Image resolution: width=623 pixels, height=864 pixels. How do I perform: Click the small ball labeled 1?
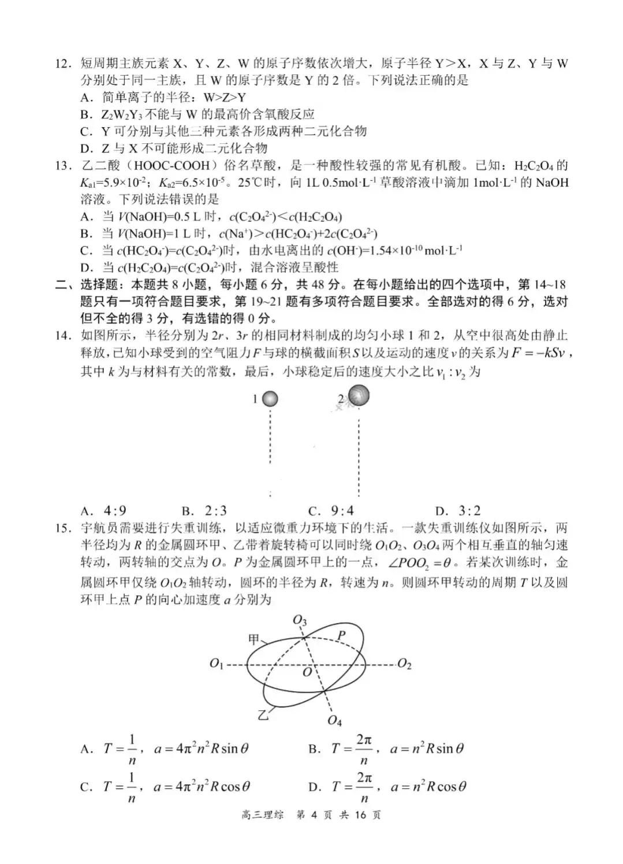pos(270,399)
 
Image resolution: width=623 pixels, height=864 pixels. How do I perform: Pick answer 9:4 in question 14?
pos(342,511)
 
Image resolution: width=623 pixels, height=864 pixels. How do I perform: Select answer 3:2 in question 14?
pos(469,511)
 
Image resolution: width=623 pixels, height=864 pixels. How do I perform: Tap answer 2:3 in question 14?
pos(215,511)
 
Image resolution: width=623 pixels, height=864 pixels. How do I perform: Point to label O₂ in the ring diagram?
pos(404,665)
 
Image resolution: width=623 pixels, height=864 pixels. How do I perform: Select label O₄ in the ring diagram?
pos(334,721)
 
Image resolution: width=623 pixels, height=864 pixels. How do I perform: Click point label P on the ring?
pos(341,636)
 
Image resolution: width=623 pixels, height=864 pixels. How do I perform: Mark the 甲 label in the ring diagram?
pos(253,639)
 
